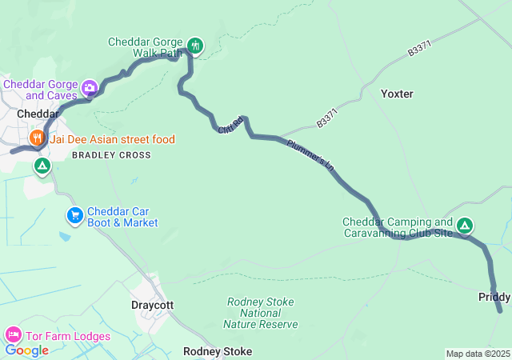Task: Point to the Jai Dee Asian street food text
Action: tap(112, 139)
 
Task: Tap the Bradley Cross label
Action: tap(111, 155)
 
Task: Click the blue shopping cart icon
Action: tap(74, 214)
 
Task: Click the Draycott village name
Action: tap(152, 305)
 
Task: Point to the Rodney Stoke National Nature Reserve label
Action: tap(262, 313)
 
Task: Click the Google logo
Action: tap(26, 350)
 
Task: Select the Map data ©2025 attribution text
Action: tap(477, 354)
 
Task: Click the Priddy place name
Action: tap(494, 297)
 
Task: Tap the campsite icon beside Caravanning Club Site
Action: tap(466, 226)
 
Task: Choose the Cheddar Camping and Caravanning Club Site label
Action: tap(398, 227)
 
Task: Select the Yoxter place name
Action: tap(397, 94)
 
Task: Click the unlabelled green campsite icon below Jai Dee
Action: tap(42, 166)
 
